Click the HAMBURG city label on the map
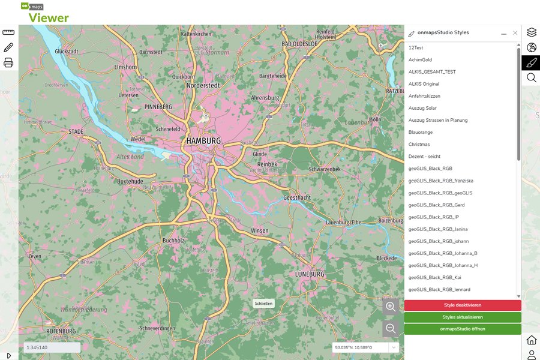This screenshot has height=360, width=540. pyautogui.click(x=203, y=141)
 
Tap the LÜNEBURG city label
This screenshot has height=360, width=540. pyautogui.click(x=310, y=274)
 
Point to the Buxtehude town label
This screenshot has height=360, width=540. pyautogui.click(x=130, y=181)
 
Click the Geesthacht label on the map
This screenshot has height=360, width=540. pyautogui.click(x=296, y=197)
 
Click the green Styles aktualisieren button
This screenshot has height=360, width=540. pyautogui.click(x=463, y=317)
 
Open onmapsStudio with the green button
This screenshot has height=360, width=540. pyautogui.click(x=463, y=329)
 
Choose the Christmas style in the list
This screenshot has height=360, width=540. pyautogui.click(x=419, y=144)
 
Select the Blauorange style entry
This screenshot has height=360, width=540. pyautogui.click(x=420, y=132)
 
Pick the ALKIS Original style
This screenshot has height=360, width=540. pyautogui.click(x=424, y=84)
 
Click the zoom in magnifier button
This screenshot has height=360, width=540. pyautogui.click(x=391, y=307)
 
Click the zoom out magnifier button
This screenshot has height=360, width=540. pyautogui.click(x=391, y=328)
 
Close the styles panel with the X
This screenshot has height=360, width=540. pyautogui.click(x=515, y=33)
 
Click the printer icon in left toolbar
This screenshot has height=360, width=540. pyautogui.click(x=8, y=62)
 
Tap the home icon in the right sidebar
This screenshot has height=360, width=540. pyautogui.click(x=531, y=340)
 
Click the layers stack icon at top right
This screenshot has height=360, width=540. pyautogui.click(x=531, y=32)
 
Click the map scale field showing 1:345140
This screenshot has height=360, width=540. pyautogui.click(x=52, y=347)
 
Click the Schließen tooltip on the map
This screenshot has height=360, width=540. pyautogui.click(x=263, y=304)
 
